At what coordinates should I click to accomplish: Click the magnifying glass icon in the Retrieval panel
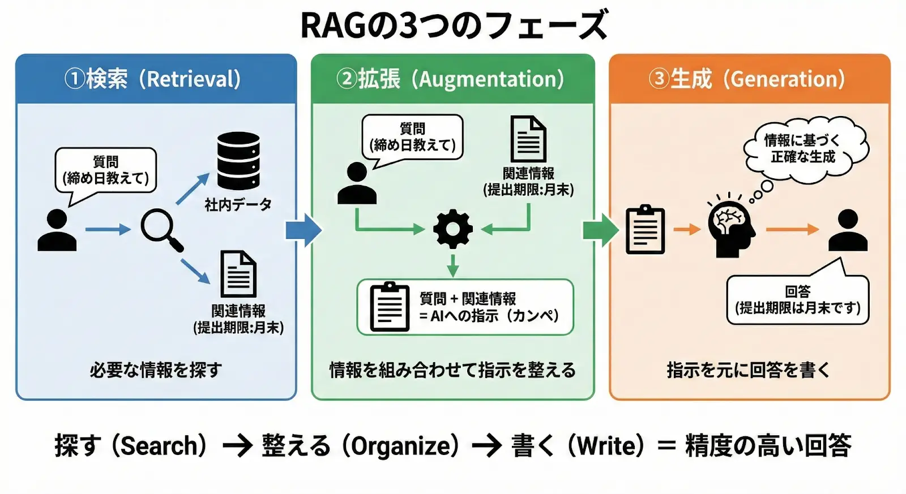point(160,228)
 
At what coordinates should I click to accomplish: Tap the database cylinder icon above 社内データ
point(238,161)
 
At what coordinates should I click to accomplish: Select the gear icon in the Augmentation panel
point(452,229)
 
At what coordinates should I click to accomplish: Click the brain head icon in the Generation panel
point(731,229)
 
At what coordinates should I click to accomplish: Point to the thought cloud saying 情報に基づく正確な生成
point(805,149)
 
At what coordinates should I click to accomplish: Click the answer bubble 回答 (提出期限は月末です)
point(797,300)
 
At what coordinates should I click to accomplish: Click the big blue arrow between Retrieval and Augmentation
point(304,230)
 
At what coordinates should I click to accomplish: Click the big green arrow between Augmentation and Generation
point(601,230)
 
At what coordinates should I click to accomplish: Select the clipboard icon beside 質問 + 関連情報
point(389,306)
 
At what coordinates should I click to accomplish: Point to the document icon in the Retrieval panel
point(238,274)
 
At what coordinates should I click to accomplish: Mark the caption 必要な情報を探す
point(156,370)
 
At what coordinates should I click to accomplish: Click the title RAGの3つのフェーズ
point(453,25)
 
